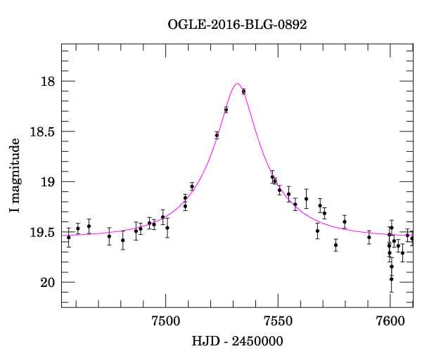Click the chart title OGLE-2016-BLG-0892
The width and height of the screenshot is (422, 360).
[237, 24]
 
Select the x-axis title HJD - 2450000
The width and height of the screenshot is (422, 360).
[238, 341]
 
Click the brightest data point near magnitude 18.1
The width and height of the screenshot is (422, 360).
[243, 91]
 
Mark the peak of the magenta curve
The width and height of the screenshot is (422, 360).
[237, 84]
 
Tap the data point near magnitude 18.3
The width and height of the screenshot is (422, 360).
[226, 110]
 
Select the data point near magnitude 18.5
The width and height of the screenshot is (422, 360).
[217, 135]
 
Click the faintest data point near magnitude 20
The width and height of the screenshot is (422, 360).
[391, 279]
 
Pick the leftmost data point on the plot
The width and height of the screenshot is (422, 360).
[68, 238]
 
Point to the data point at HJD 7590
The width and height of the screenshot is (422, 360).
[369, 237]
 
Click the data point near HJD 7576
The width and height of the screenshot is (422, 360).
[335, 245]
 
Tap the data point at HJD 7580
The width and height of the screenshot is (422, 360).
[345, 221]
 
